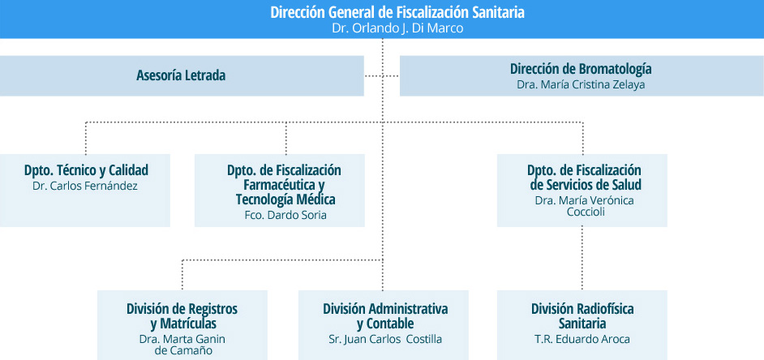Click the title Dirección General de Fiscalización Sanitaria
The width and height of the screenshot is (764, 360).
pyautogui.click(x=397, y=12)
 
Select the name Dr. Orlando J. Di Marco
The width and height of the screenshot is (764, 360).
pyautogui.click(x=397, y=28)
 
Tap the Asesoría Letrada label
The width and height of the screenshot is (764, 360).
pyautogui.click(x=181, y=76)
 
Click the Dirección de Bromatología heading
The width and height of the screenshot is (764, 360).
pyautogui.click(x=581, y=69)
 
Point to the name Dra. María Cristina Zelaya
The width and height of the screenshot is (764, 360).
pyautogui.click(x=581, y=84)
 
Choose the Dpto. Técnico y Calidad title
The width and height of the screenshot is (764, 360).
pyautogui.click(x=86, y=170)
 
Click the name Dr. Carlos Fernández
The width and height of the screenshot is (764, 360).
pyautogui.click(x=85, y=186)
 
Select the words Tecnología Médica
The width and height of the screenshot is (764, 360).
pyautogui.click(x=285, y=199)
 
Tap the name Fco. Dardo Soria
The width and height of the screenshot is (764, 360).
pyautogui.click(x=285, y=215)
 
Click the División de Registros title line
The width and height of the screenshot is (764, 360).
pyautogui.click(x=182, y=309)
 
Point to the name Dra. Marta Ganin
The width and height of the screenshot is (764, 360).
pyautogui.click(x=182, y=339)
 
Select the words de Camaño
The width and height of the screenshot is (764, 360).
pyautogui.click(x=183, y=350)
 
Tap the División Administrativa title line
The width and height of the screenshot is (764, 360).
pyautogui.click(x=385, y=309)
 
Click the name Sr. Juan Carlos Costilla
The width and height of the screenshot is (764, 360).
pyautogui.click(x=385, y=339)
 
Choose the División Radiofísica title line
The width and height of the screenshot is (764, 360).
pyautogui.click(x=582, y=309)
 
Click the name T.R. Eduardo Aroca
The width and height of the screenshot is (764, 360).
pyautogui.click(x=582, y=339)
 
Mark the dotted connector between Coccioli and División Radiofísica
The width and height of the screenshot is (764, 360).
pyautogui.click(x=582, y=259)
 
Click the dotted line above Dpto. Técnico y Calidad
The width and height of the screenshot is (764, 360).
pyautogui.click(x=86, y=138)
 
